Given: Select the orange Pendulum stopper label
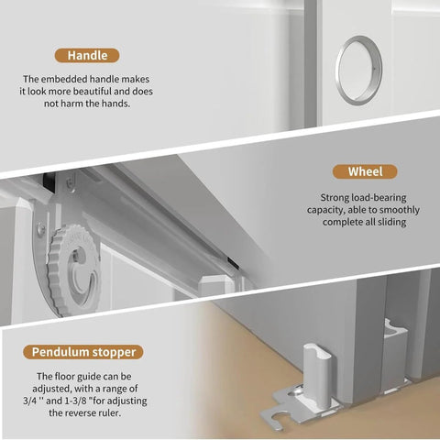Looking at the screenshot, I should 96,351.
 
